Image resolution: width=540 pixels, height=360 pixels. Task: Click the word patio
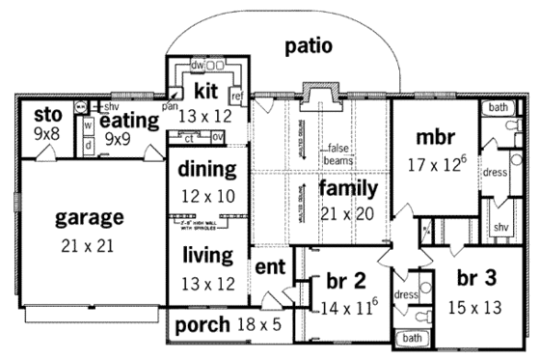[309, 45]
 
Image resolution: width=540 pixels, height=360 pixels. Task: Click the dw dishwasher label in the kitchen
[197, 65]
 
